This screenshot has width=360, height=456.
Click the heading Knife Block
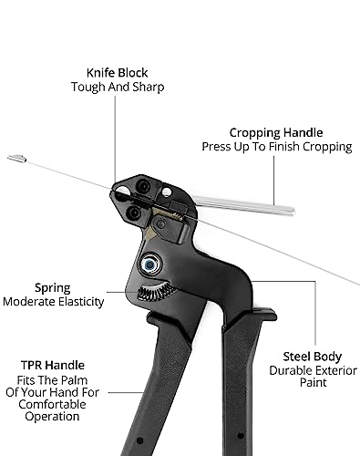[x=117, y=73]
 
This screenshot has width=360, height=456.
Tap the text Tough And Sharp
[x=118, y=87]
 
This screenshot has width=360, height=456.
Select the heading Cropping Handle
[x=276, y=133]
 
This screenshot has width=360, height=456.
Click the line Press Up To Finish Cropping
[x=277, y=147]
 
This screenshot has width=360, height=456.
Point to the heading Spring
[x=53, y=288]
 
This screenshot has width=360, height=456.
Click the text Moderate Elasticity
[x=54, y=302]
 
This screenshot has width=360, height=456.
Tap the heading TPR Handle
[x=53, y=365]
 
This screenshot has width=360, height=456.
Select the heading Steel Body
[x=313, y=357]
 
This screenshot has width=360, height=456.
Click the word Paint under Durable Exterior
[x=314, y=382]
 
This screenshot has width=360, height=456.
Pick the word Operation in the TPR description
[x=52, y=417]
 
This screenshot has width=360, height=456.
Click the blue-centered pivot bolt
[x=149, y=264]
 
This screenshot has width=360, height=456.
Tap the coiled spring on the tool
[x=156, y=291]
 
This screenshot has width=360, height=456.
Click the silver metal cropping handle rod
[x=243, y=205]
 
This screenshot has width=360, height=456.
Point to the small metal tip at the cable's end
[x=17, y=158]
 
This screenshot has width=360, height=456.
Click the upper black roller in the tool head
[x=143, y=186]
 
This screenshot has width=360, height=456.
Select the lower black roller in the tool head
[x=134, y=212]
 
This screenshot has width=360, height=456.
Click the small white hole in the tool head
[x=167, y=192]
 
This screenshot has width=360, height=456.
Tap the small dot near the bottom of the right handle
[x=241, y=436]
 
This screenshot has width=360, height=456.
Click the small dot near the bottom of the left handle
[x=139, y=440]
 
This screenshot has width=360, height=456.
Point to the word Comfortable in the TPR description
[x=52, y=405]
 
